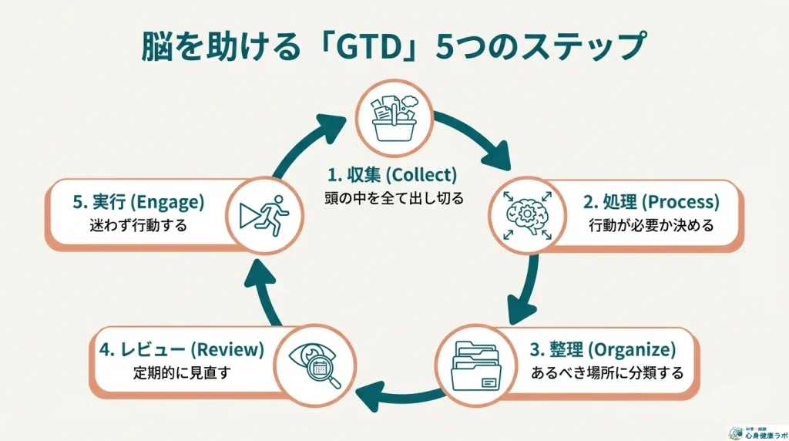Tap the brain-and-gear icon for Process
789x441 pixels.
point(528,214)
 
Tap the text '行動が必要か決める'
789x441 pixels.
point(651,227)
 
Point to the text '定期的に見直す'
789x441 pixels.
point(182,374)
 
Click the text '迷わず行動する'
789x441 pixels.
point(139,227)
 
